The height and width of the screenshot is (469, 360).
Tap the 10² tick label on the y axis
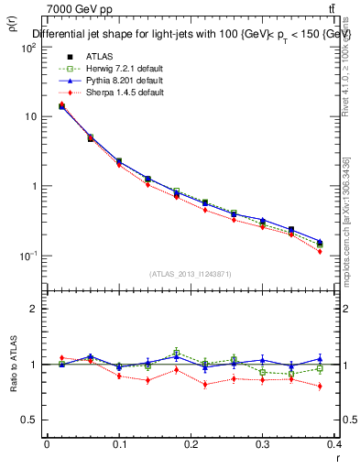click(x=29, y=48)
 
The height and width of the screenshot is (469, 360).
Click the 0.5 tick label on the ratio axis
click(x=30, y=420)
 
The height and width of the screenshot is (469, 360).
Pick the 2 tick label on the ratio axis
click(x=34, y=310)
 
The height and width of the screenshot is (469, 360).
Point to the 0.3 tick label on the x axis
click(x=262, y=445)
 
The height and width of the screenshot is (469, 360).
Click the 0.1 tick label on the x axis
click(x=119, y=445)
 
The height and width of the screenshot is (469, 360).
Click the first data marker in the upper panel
click(x=61, y=105)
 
